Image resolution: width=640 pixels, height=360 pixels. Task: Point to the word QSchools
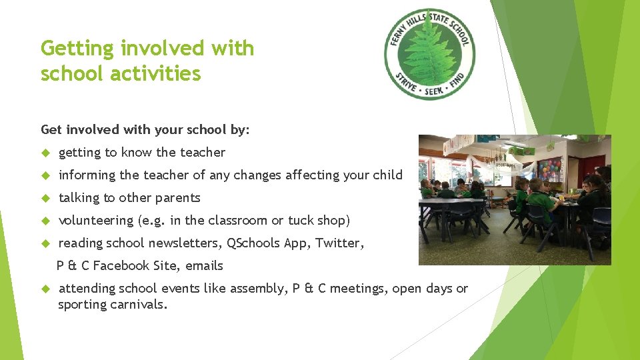253,243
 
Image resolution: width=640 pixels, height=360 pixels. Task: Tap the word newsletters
187,243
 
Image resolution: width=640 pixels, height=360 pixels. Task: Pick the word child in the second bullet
389,175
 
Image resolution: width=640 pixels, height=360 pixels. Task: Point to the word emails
204,265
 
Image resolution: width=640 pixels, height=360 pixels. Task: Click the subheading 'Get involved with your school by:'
145,129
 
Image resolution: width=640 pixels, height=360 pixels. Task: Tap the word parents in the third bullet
177,198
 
